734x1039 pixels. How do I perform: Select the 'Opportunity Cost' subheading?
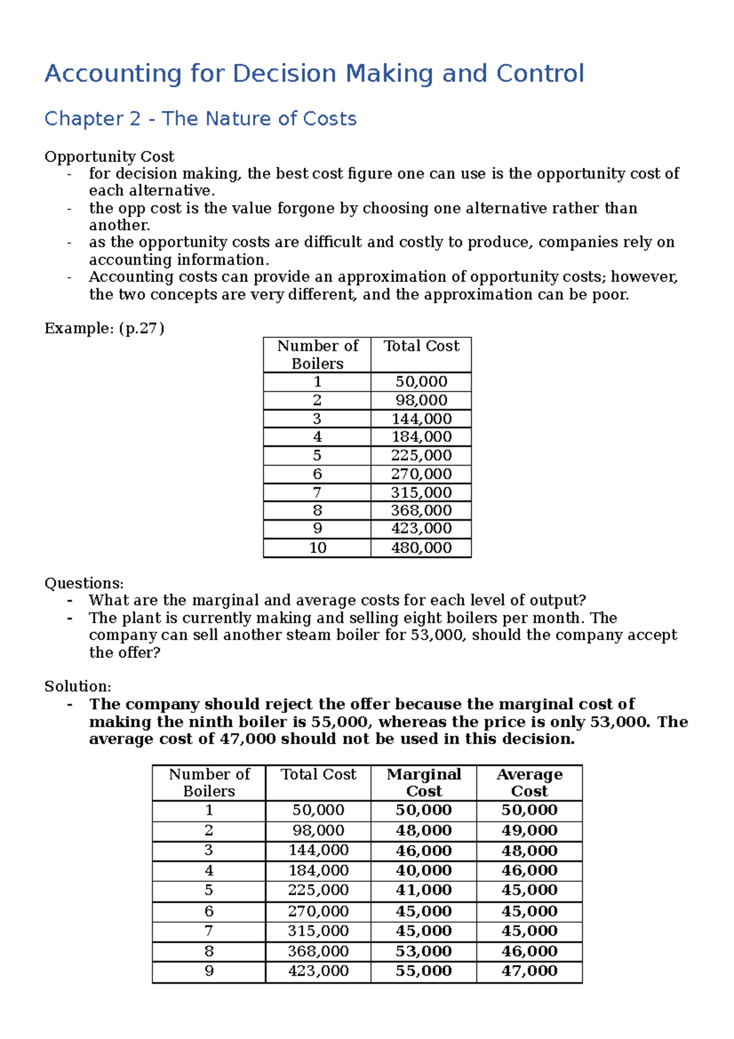109,157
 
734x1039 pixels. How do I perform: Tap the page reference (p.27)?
141,329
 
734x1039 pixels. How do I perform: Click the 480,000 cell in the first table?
421,548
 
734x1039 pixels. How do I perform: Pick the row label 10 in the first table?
317,548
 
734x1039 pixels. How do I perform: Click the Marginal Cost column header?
424,782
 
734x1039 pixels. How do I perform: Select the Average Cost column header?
529,782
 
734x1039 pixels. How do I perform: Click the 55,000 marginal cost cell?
423,971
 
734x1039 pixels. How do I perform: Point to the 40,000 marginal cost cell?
423,870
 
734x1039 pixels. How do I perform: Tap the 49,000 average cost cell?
529,830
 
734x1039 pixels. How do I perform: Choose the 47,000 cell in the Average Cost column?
529,971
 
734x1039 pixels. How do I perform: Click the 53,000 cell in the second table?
423,951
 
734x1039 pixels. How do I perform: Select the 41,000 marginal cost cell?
423,890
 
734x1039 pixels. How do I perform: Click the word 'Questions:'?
84,583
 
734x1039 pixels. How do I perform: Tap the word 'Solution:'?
78,687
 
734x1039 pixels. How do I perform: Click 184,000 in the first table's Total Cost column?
421,437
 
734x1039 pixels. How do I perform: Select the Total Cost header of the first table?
421,346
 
